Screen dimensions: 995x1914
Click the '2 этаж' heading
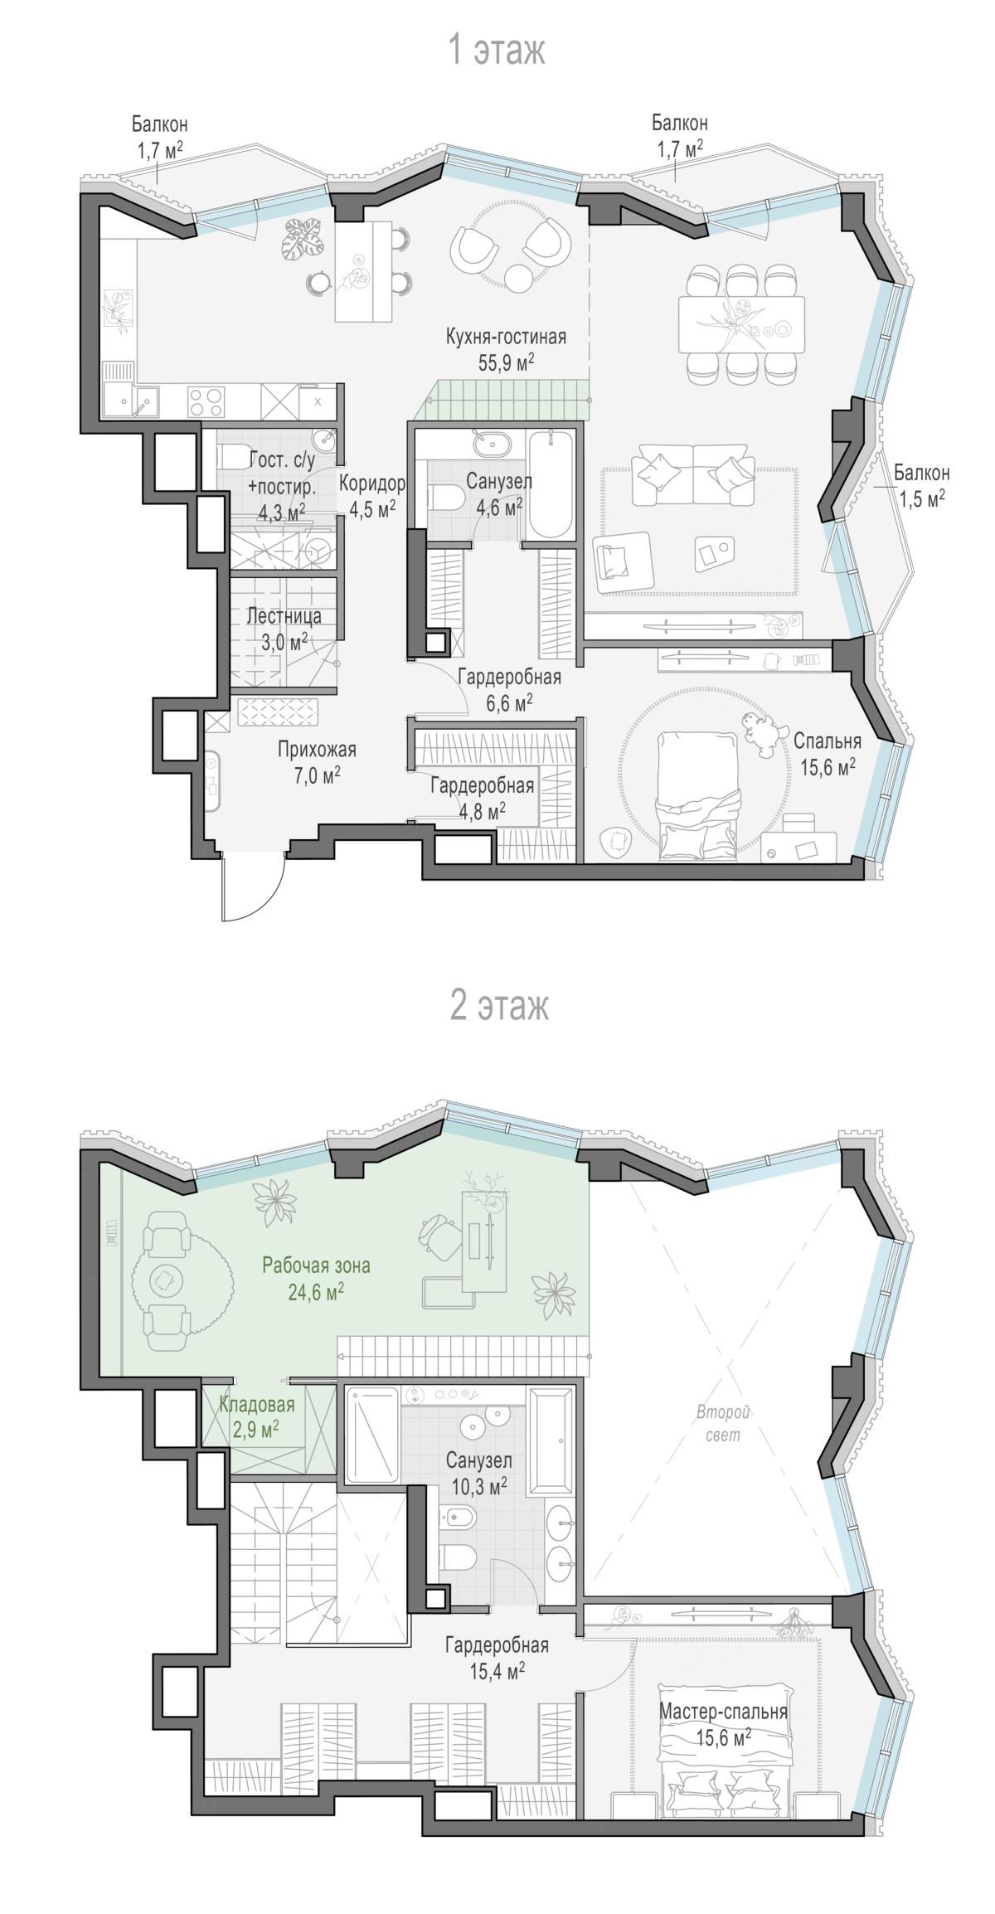tap(498, 1006)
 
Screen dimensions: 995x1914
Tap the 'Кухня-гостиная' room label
tap(506, 337)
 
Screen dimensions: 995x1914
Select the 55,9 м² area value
tap(506, 362)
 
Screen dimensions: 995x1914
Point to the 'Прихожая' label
tap(316, 750)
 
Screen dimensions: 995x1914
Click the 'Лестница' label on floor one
tap(284, 617)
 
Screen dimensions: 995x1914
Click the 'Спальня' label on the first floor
tap(827, 741)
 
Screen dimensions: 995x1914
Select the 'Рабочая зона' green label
tap(316, 1265)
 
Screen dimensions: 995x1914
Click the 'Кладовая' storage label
tap(257, 1404)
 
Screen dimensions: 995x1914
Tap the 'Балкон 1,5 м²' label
tap(921, 487)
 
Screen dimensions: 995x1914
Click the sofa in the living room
tap(693, 474)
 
